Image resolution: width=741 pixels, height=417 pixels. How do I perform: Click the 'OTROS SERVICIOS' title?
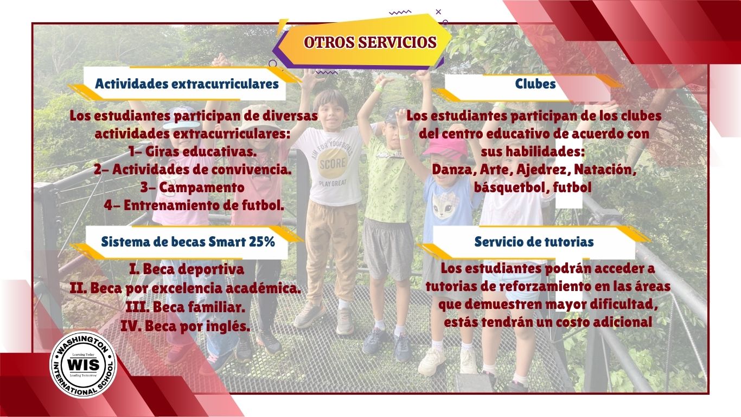pos(370,42)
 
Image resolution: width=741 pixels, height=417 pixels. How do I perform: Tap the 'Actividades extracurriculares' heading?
pos(187,84)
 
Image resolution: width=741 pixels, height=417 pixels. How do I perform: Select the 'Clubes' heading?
pos(535,84)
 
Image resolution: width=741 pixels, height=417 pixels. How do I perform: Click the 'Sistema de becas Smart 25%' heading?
pos(188,242)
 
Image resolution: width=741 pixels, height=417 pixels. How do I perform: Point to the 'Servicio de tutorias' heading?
pos(534,242)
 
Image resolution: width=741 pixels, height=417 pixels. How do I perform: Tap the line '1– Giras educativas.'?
pos(193,151)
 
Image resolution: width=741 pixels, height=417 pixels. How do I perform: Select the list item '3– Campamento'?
pos(193,187)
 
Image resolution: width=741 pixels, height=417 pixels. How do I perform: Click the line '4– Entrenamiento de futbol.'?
pos(194,205)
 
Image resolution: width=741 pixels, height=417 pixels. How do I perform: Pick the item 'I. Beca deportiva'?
pos(187,269)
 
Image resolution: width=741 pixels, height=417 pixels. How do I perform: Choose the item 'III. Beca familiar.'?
pos(186,307)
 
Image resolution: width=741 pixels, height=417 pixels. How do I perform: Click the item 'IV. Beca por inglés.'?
pos(186,326)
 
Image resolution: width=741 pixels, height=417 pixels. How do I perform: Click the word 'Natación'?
pos(605,170)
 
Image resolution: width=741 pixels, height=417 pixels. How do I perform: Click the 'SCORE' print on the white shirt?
pos(333,163)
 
